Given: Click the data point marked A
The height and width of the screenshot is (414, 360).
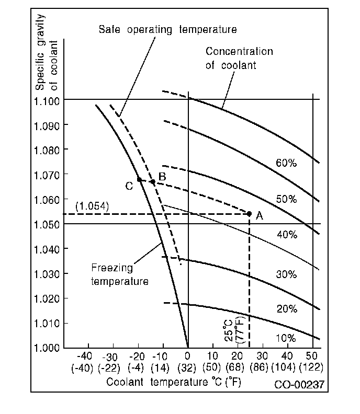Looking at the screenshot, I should tap(249, 213).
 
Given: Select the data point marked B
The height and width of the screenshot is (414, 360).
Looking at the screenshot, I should tap(152, 182).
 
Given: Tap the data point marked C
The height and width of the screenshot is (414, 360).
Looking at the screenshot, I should tap(140, 180).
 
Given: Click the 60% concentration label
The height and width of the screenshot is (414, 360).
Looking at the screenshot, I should tap(286, 163).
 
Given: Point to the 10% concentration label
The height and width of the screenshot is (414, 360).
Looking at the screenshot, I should tap(286, 338).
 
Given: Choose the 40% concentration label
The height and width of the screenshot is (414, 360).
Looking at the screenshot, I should tap(286, 235).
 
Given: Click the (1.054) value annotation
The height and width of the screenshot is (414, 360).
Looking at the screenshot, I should tap(92, 206).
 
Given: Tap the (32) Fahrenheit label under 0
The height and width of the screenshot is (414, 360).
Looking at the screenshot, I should tap(188, 367).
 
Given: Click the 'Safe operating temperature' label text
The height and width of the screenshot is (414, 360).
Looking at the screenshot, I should tap(167, 29).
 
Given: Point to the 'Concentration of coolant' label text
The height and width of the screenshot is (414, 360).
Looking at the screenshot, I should tap(239, 58).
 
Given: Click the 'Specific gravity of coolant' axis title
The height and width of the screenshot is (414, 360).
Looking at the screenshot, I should tap(46, 52).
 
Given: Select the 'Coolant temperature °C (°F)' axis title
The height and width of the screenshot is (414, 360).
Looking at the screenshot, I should tap(174, 382).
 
